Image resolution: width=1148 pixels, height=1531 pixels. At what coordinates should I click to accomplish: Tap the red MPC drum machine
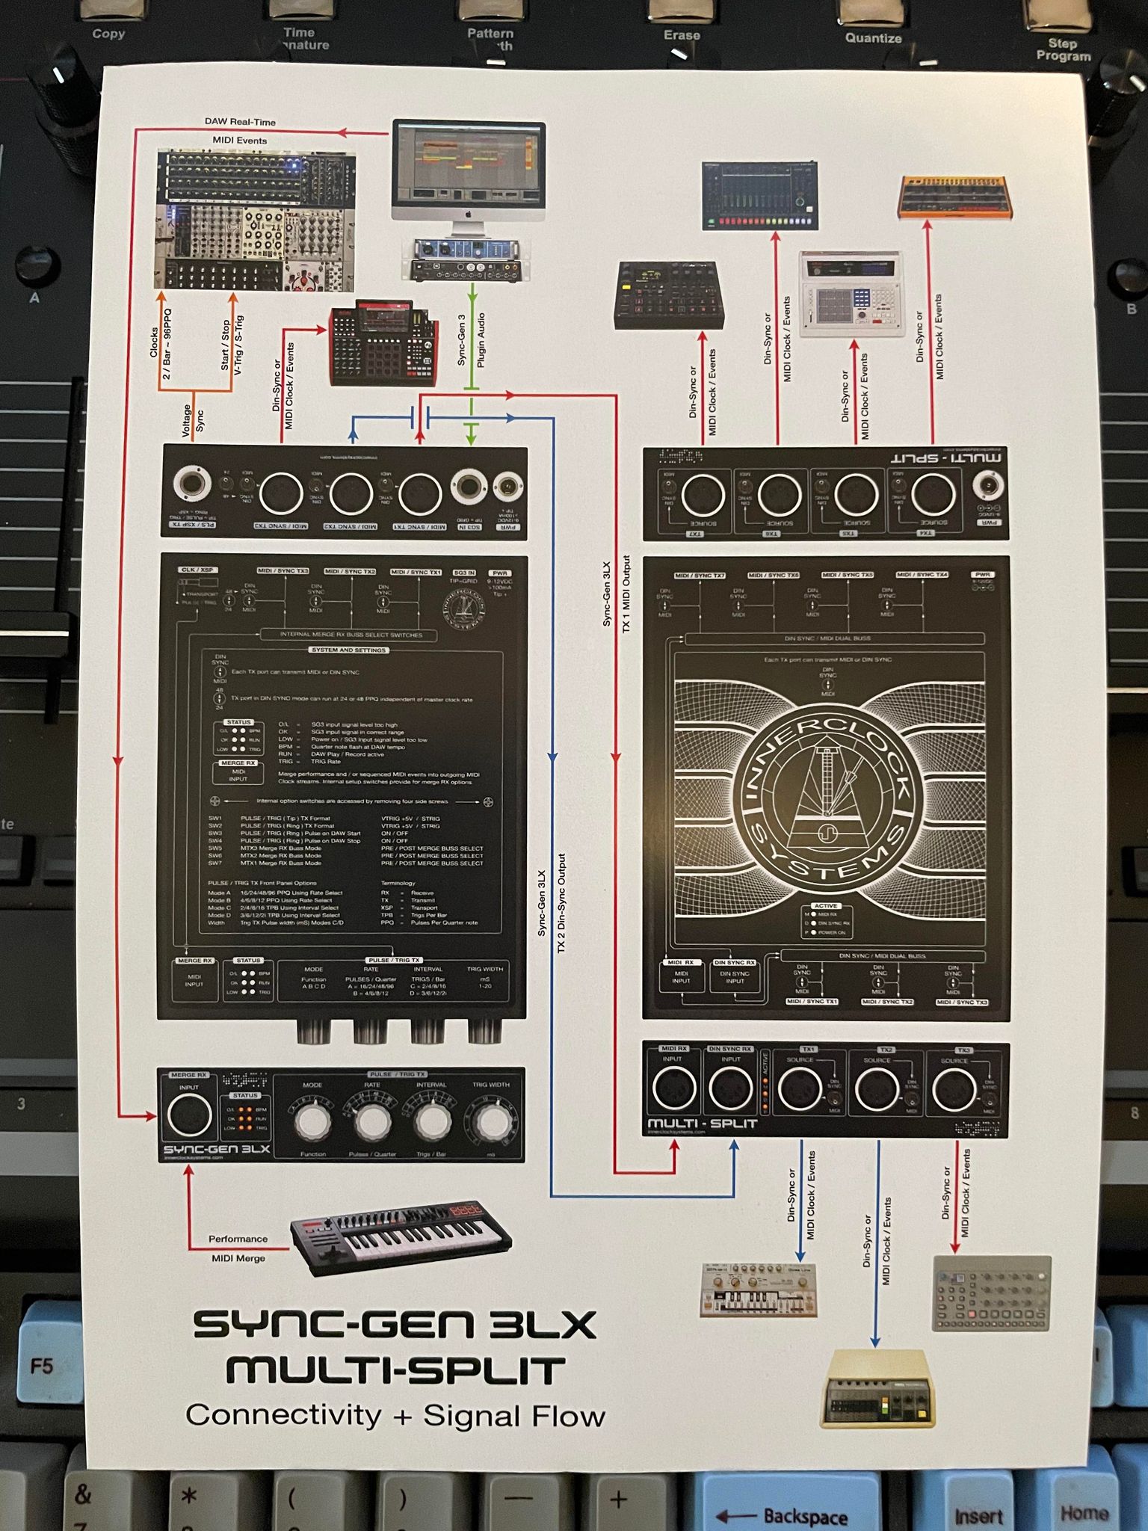pos(383,343)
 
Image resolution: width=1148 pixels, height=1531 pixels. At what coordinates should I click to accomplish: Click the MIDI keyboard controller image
pos(402,1236)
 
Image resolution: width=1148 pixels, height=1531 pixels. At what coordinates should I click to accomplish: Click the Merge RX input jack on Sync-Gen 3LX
pos(189,1115)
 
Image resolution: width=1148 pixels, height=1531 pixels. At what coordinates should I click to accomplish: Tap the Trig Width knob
pos(492,1121)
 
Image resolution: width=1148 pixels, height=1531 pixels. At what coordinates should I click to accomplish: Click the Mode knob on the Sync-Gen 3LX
pos(312,1121)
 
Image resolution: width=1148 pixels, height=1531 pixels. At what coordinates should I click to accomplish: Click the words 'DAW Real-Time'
pos(240,122)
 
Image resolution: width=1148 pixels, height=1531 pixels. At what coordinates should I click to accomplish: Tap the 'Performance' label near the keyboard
pos(238,1239)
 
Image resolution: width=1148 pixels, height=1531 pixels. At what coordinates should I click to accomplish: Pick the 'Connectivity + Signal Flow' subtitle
pos(395,1415)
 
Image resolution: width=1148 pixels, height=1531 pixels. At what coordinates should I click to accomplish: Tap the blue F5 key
pos(42,1367)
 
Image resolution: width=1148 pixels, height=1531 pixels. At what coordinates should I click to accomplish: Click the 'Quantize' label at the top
pos(873,38)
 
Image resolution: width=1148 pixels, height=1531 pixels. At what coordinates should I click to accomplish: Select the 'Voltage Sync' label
pos(193,419)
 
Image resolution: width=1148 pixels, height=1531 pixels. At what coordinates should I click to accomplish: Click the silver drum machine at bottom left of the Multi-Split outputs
pos(759,1290)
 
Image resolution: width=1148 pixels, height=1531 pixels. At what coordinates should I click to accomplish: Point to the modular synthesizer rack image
pos(255,221)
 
